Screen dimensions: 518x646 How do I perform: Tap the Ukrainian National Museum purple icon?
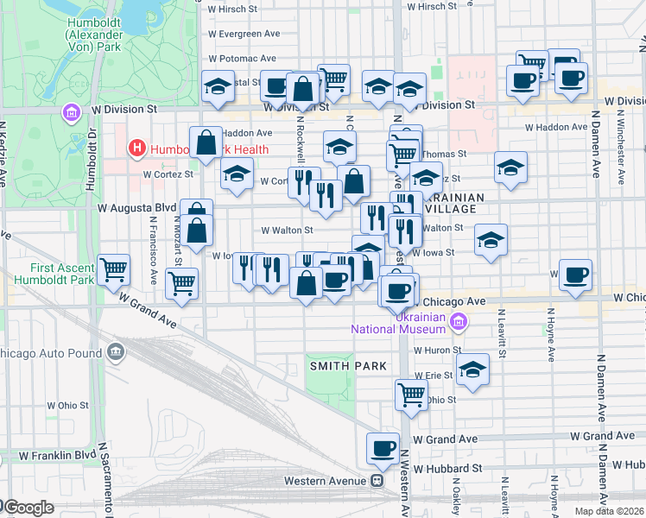tap(459, 322)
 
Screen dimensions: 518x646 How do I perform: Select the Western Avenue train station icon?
tap(377, 480)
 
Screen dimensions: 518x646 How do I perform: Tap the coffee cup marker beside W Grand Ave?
tap(383, 449)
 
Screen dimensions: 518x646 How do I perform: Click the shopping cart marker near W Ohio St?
tap(411, 395)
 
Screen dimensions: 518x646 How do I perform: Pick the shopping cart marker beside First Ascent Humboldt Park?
tap(114, 270)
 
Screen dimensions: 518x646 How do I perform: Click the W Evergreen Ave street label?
tap(245, 34)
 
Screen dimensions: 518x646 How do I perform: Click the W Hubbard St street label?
tap(446, 468)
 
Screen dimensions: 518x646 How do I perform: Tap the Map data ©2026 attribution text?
tap(608, 511)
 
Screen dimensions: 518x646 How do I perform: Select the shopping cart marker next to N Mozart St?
tap(181, 281)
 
